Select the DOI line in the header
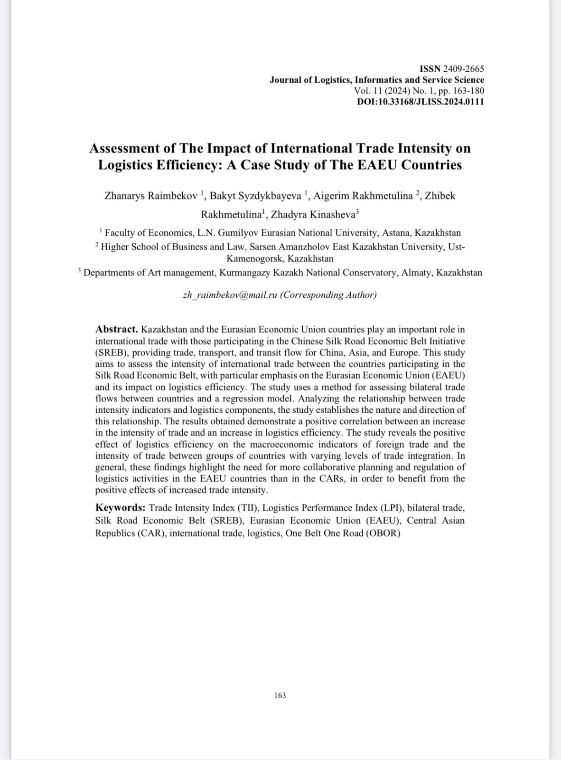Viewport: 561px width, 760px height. pyautogui.click(x=420, y=102)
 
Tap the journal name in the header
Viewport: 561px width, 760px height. pyautogui.click(x=377, y=80)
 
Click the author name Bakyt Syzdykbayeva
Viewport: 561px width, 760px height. pyautogui.click(x=255, y=196)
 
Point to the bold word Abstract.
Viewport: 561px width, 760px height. pyautogui.click(x=116, y=329)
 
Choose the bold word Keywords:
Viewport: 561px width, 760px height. pyautogui.click(x=121, y=508)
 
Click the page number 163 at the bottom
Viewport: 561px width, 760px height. pyautogui.click(x=280, y=695)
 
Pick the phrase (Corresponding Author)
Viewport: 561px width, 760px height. pyautogui.click(x=328, y=295)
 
